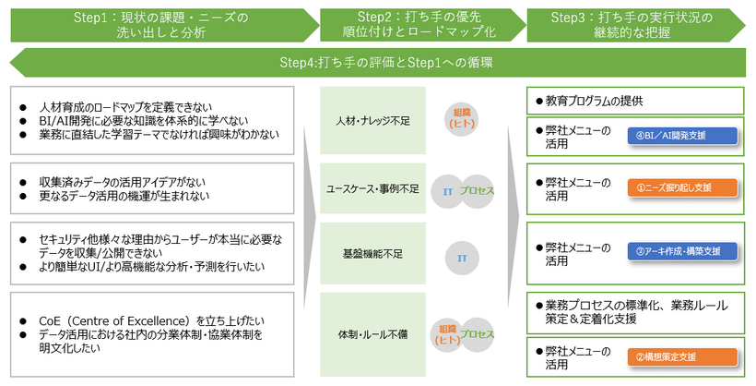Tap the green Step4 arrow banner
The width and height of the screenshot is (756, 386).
[378, 63]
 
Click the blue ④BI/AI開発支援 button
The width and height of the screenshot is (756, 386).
[681, 135]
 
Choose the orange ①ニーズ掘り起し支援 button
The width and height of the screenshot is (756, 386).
[681, 187]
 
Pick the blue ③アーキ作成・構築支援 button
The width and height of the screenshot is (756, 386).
[681, 250]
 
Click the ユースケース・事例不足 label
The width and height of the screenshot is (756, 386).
[373, 189]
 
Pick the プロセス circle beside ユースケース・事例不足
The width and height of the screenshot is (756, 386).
[478, 189]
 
